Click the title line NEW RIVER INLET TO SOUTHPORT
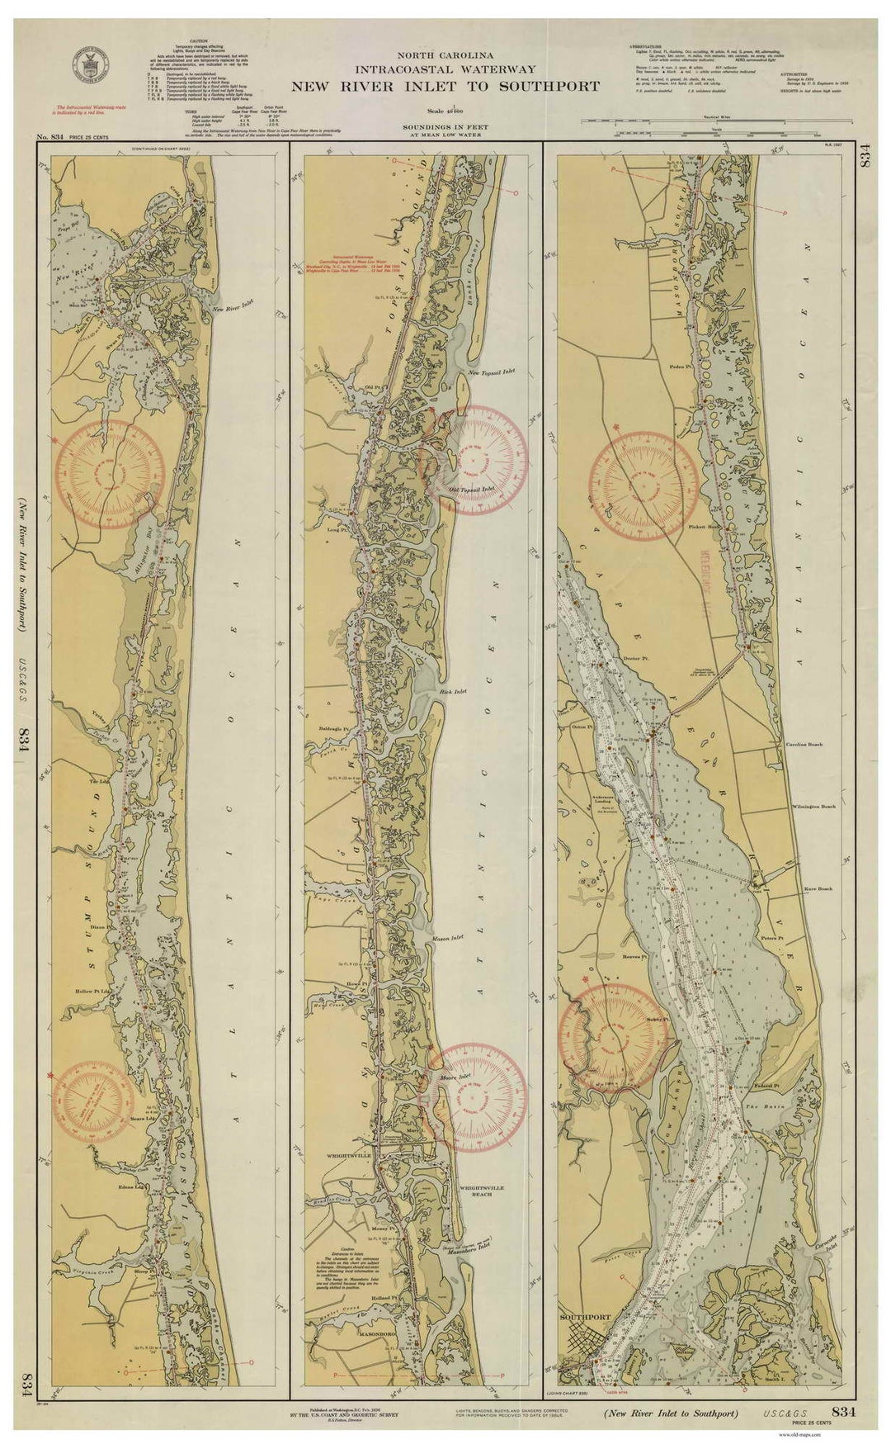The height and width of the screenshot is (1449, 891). (x=445, y=86)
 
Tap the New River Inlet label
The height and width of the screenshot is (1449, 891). (x=232, y=309)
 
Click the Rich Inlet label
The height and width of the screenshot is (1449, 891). (x=454, y=690)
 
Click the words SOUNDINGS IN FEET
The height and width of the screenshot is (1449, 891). (x=445, y=126)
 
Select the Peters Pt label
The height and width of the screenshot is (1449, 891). (x=772, y=938)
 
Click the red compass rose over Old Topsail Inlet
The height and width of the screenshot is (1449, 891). (x=473, y=459)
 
